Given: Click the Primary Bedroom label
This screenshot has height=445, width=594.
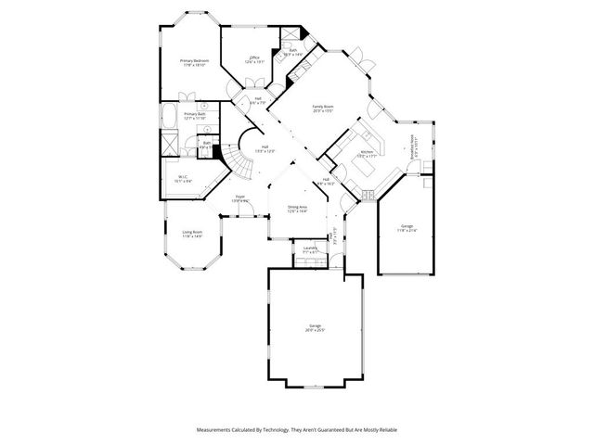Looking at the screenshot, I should click(x=195, y=63).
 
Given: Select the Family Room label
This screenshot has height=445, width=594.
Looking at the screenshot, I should click(x=322, y=109).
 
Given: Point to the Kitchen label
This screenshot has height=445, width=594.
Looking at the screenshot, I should click(x=366, y=154).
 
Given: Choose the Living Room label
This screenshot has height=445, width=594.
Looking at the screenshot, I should click(x=192, y=234).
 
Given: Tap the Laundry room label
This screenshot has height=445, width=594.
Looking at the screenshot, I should click(x=310, y=249).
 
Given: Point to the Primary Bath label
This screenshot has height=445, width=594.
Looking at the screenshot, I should click(x=194, y=116).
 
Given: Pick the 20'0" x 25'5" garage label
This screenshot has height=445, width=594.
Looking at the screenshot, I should click(x=315, y=329).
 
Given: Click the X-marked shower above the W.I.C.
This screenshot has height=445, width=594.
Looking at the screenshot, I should click(x=170, y=143).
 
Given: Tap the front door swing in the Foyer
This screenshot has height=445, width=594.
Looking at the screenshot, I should click(x=244, y=212).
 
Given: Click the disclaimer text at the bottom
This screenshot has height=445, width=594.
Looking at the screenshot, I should click(x=297, y=430).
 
